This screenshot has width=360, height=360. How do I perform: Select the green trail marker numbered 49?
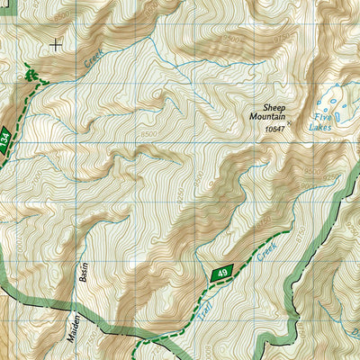tap(221, 272)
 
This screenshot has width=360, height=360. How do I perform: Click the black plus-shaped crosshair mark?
tap(57, 42)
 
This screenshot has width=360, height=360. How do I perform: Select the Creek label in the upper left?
tap(92, 58)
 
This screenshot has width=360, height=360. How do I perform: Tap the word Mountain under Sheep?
tap(267, 117)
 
